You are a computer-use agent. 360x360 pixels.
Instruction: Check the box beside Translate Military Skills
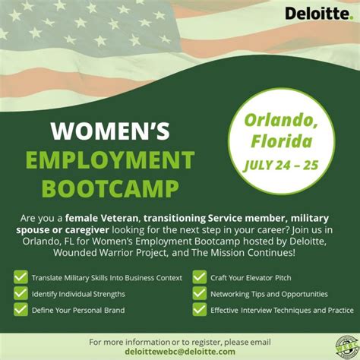pos(21,277)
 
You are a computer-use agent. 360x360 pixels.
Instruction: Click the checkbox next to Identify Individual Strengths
pos(21,293)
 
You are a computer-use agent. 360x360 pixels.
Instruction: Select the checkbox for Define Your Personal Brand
pos(21,310)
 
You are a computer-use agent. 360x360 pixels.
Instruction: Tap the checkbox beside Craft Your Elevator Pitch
pos(200,277)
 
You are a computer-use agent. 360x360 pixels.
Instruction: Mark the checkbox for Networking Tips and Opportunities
pos(200,293)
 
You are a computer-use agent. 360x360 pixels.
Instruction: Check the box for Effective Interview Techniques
pos(200,310)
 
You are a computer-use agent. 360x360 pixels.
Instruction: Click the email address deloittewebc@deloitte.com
pos(179,352)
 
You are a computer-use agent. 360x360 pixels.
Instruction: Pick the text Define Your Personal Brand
pos(78,310)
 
